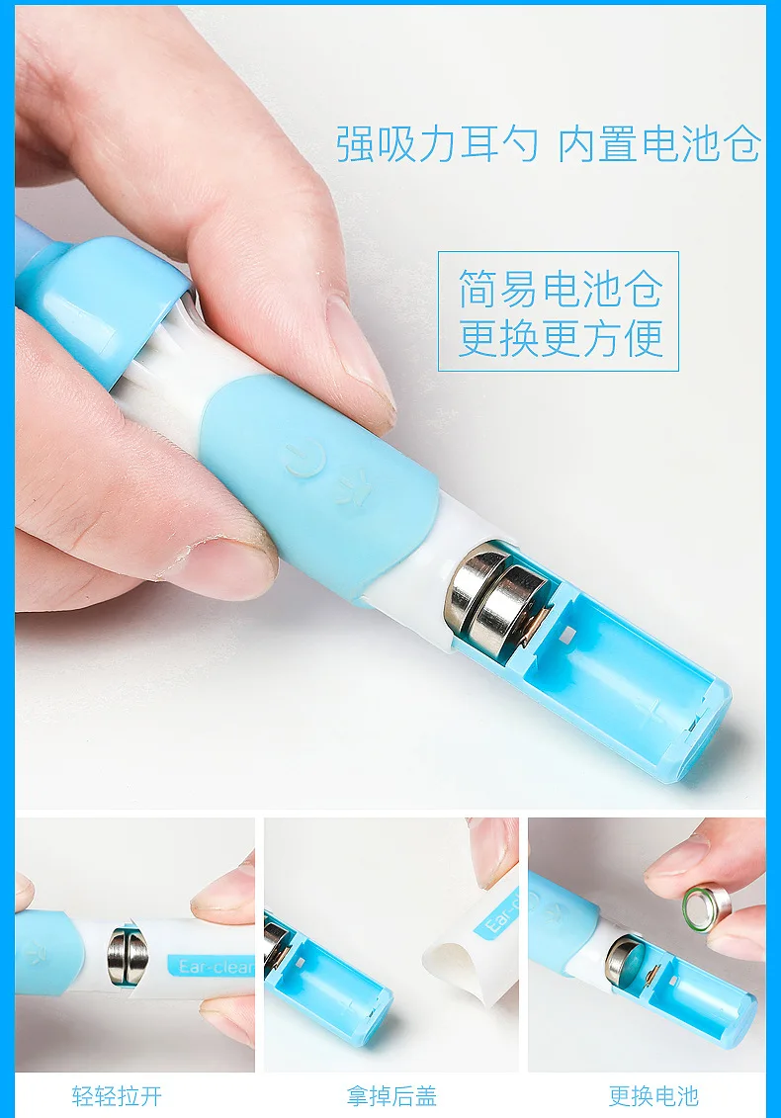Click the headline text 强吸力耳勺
[437, 142]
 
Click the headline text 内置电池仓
[659, 142]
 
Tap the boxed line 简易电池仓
[560, 288]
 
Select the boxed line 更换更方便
[560, 337]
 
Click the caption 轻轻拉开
[117, 1095]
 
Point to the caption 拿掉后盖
[390, 1095]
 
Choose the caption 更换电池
[653, 1095]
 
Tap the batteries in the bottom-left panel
[127, 956]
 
